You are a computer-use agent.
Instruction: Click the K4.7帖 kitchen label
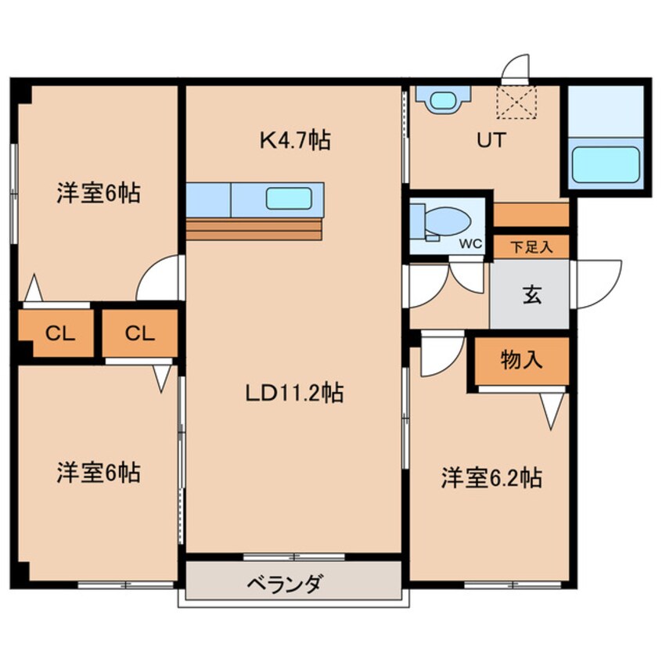[295, 140]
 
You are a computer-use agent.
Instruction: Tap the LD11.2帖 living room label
[294, 393]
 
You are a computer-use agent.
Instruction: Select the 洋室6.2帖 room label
[491, 477]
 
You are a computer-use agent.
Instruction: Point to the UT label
[491, 140]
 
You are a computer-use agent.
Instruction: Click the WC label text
[470, 243]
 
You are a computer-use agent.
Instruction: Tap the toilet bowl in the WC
[448, 221]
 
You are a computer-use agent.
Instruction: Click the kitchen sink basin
[289, 199]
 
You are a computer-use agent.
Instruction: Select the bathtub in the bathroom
[605, 164]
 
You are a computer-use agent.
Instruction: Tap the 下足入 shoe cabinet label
[531, 247]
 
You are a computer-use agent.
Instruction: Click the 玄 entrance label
[532, 295]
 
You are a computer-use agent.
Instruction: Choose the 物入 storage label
[521, 360]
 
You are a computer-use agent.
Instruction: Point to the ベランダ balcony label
[286, 584]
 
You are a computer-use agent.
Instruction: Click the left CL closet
[59, 333]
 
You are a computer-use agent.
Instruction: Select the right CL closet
[140, 333]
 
